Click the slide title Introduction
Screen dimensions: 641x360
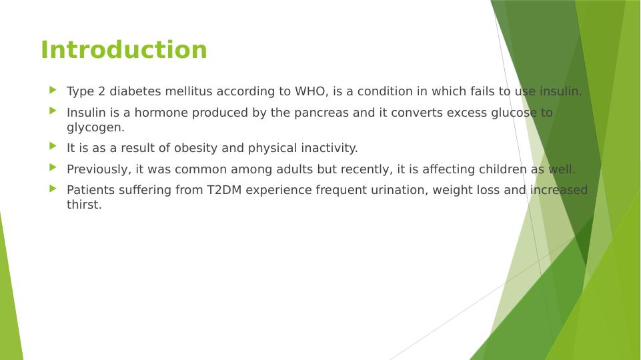tap(124, 50)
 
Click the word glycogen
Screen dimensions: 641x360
tap(95, 127)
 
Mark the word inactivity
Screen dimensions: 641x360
tap(329, 148)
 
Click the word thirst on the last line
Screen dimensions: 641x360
tap(84, 205)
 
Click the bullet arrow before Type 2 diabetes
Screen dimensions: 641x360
tap(53, 90)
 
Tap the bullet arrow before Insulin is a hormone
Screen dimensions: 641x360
tap(53, 111)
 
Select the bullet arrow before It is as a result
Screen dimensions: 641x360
tap(53, 146)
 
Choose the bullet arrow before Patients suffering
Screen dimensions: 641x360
tap(53, 189)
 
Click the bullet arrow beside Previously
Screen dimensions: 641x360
tap(53, 167)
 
